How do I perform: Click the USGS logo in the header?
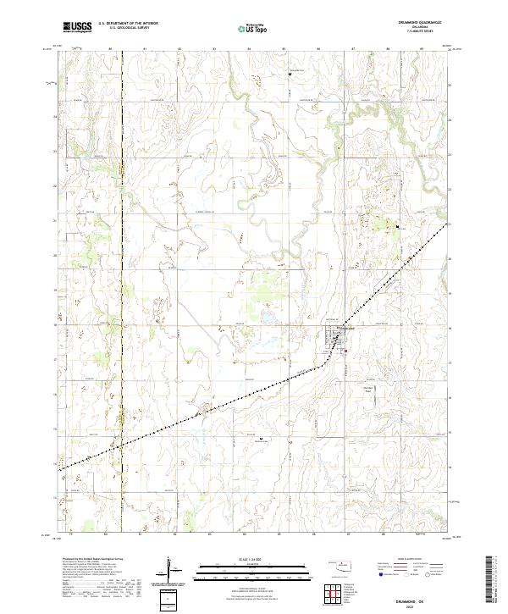[x=77, y=28]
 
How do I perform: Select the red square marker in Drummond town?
[x=345, y=343]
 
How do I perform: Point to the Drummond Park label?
[x=367, y=390]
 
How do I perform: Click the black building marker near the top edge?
[x=290, y=74]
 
